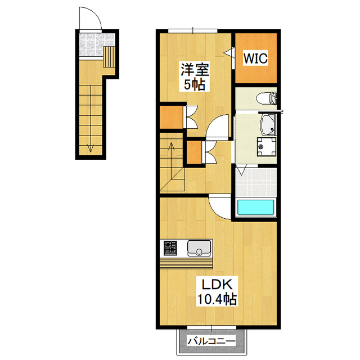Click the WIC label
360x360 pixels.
pyautogui.click(x=255, y=58)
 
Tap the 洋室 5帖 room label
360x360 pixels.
pyautogui.click(x=195, y=77)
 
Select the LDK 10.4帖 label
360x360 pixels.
pyautogui.click(x=217, y=292)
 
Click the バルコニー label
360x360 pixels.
pyautogui.click(x=211, y=341)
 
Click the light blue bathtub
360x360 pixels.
pyautogui.click(x=256, y=208)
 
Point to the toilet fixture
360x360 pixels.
pyautogui.click(x=267, y=98)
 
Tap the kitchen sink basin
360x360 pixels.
pyautogui.click(x=199, y=248)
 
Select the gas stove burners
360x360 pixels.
pyautogui.click(x=170, y=248)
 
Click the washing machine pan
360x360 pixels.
pyautogui.click(x=266, y=147)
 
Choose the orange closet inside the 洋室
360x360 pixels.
pyautogui.click(x=171, y=117)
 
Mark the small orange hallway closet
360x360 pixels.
pyautogui.click(x=194, y=152)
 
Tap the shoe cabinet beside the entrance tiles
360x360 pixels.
pyautogui.click(x=109, y=57)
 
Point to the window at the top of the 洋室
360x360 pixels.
pyautogui.click(x=192, y=31)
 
